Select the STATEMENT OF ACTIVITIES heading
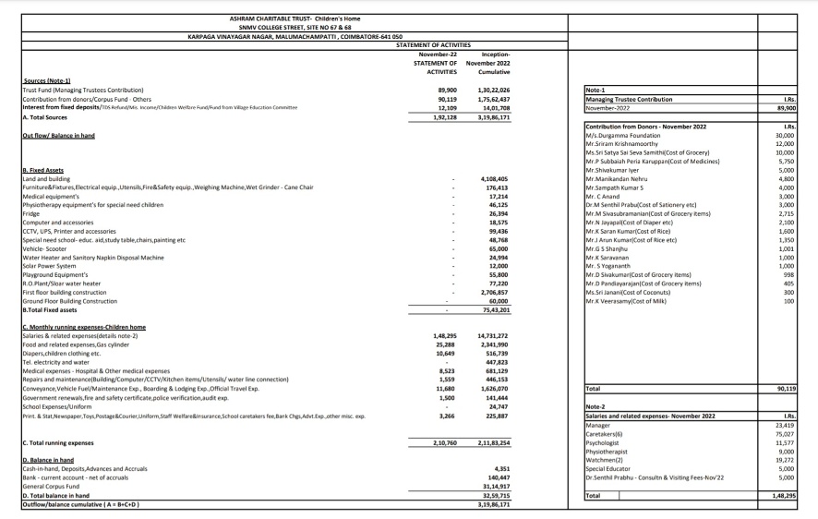[433, 44]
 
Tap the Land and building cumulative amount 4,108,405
[495, 179]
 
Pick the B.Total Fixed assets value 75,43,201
[497, 310]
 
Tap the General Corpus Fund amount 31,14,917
[496, 487]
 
